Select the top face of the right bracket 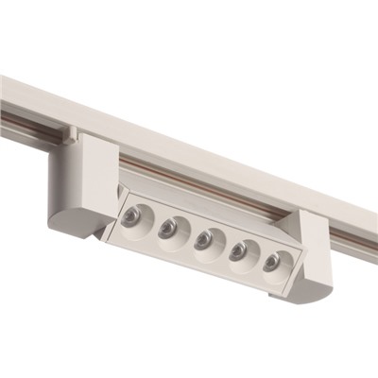coord(312,218)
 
